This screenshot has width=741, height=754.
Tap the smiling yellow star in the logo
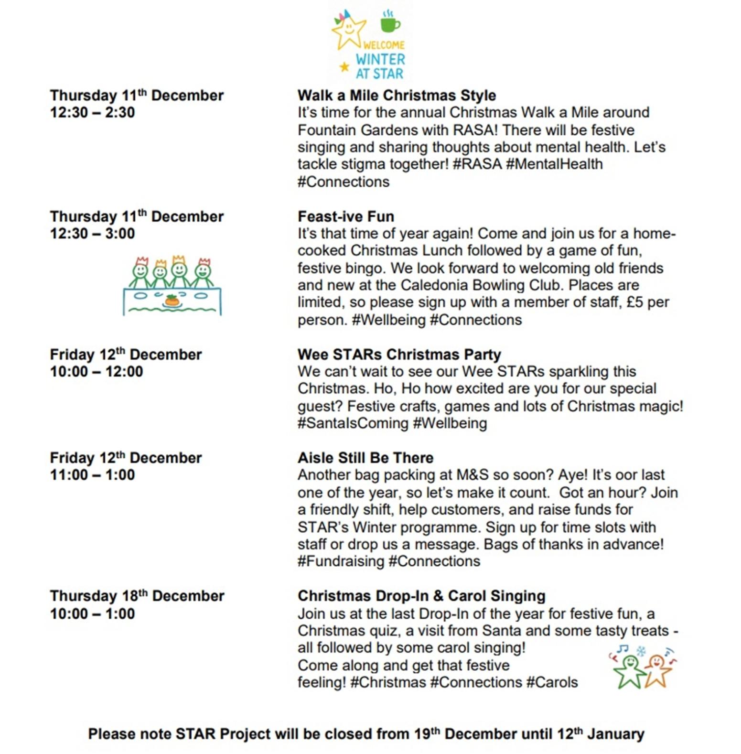349,31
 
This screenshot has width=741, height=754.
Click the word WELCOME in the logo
383,45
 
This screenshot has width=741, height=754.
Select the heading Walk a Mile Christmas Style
397,95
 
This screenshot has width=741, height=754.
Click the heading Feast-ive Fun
346,216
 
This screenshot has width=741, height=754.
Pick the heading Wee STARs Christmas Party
399,355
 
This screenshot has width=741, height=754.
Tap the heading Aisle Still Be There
365,458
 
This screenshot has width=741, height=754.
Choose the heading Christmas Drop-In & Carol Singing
421,596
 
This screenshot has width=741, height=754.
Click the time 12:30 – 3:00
92,234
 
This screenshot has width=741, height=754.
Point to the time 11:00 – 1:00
92,475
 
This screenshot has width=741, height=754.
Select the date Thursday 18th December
137,596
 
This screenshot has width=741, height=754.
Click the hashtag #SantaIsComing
353,423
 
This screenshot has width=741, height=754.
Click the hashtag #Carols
552,682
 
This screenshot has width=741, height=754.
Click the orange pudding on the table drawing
172,301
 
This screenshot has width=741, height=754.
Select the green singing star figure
630,670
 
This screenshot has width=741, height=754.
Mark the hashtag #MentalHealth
554,164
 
